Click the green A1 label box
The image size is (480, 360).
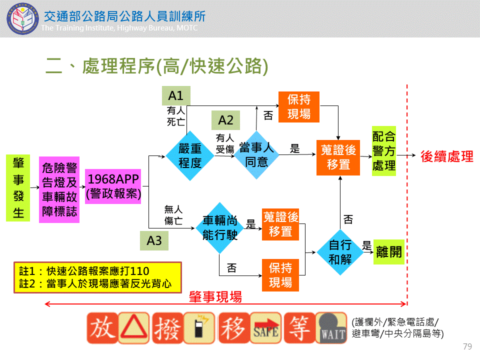[x=176, y=96]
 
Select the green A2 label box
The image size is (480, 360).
[x=225, y=120]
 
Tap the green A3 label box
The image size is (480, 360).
[x=154, y=240]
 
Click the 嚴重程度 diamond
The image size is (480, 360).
[x=190, y=155]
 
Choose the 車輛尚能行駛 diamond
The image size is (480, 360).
[x=219, y=227]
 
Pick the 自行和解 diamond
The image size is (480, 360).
[x=340, y=252]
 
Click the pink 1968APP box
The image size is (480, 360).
[x=113, y=186]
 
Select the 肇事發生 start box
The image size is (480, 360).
[x=18, y=188]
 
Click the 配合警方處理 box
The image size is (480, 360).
[x=384, y=151]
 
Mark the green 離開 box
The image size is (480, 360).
[x=388, y=251]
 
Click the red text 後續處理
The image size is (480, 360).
[x=447, y=156]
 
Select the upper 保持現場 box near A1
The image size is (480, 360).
[x=298, y=106]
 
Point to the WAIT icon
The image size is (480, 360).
[x=332, y=328]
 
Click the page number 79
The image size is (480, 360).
[x=467, y=346]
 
